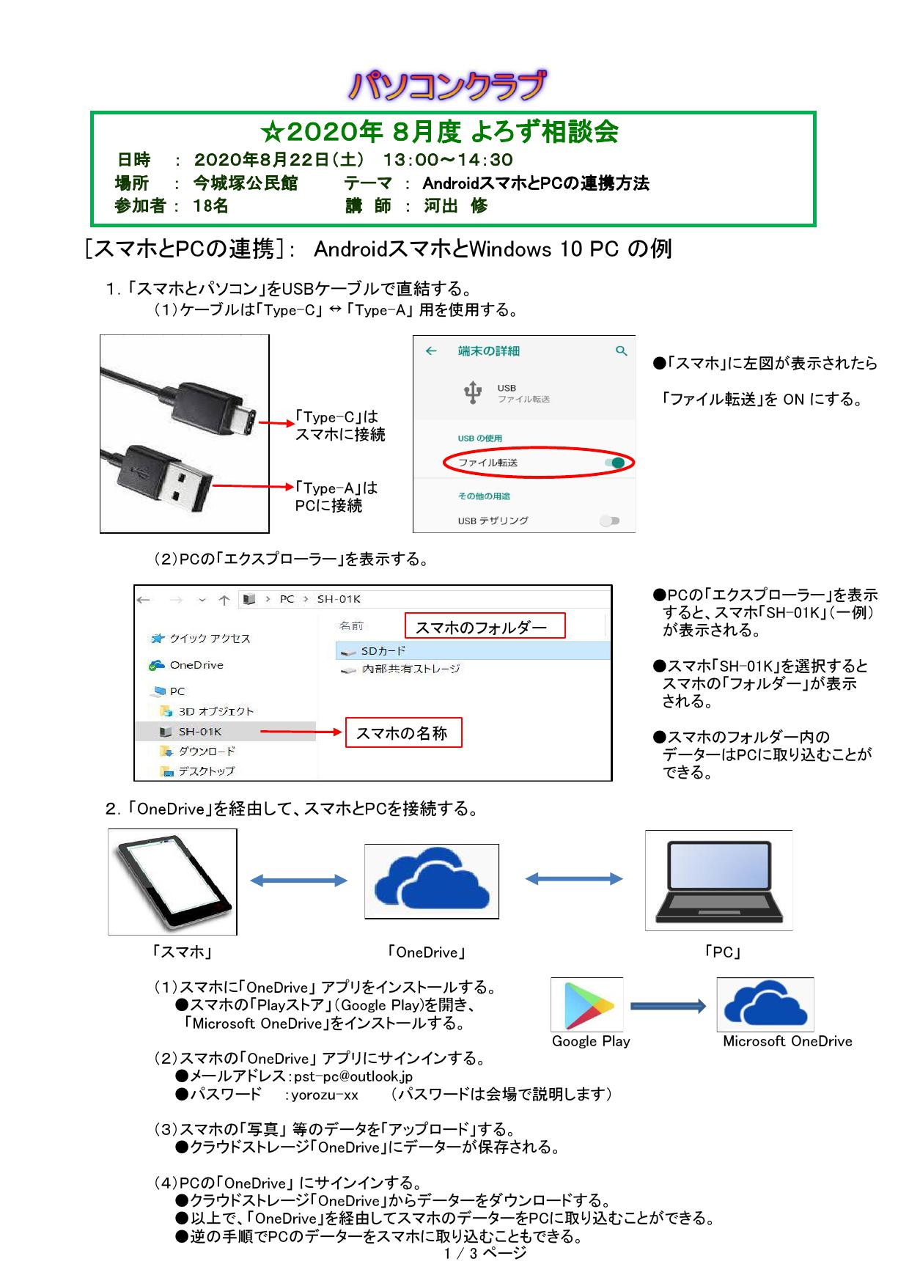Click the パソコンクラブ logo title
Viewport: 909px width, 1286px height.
447,86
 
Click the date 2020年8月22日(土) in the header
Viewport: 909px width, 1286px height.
279,160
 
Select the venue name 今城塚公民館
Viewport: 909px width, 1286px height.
246,183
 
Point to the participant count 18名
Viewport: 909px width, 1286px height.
210,206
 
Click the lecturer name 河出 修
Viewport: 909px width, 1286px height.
455,206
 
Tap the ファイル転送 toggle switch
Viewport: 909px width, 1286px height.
616,463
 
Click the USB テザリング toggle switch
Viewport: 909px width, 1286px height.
609,521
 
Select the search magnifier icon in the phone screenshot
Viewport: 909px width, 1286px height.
622,351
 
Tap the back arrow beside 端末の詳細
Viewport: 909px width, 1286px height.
431,351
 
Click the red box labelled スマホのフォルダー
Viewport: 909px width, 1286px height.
485,626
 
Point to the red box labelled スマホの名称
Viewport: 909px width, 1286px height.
404,732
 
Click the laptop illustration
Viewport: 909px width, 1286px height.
718,881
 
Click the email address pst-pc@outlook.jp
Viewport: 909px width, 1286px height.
353,1076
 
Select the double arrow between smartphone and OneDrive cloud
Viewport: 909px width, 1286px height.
299,881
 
